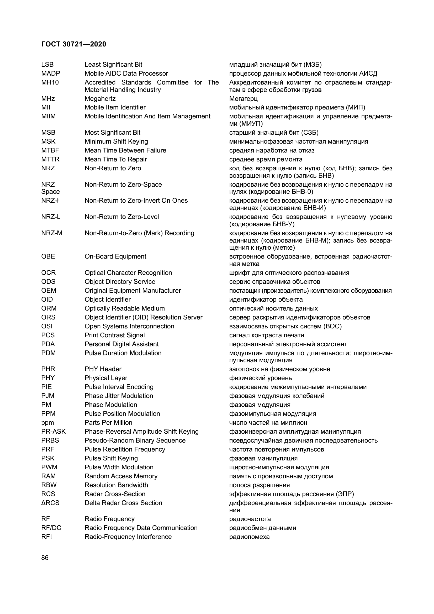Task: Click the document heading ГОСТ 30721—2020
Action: tap(73, 44)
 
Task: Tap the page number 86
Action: tap(45, 558)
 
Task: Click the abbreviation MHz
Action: tap(48, 99)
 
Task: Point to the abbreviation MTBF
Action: tap(50, 150)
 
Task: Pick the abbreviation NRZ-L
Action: tap(51, 217)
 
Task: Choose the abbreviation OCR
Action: tap(48, 272)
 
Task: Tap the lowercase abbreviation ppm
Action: tap(47, 423)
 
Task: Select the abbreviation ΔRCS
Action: tap(50, 503)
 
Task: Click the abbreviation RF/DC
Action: tap(51, 528)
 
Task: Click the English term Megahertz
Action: tap(100, 99)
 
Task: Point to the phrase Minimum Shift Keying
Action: tap(116, 141)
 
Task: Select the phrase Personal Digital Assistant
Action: tap(121, 344)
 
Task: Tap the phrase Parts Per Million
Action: tap(109, 423)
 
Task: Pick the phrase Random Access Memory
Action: tap(121, 476)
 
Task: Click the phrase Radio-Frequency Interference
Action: tap(128, 537)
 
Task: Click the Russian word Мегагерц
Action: tap(243, 99)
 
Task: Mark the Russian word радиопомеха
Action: tap(249, 537)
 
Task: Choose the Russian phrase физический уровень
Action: tap(261, 378)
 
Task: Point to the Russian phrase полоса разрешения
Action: tap(260, 485)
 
